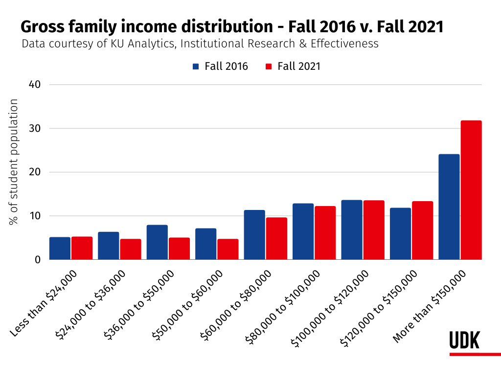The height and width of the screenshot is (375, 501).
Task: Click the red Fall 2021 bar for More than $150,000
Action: (x=471, y=190)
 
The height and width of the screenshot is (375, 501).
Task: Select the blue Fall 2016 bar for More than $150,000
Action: (x=449, y=207)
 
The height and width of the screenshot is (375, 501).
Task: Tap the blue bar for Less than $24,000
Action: (x=60, y=249)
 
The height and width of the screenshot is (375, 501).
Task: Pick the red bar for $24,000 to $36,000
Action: (x=130, y=250)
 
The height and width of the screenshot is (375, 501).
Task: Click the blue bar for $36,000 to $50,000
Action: (x=157, y=242)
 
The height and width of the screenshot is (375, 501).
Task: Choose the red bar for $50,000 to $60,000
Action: (x=228, y=250)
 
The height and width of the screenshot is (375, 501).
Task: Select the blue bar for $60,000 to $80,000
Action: (x=254, y=235)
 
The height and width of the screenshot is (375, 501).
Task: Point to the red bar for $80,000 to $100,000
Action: (x=325, y=233)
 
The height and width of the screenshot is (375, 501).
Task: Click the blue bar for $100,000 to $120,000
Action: (x=352, y=230)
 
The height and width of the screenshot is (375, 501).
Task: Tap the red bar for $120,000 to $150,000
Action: (x=422, y=230)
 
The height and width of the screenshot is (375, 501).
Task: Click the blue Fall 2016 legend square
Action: (x=196, y=66)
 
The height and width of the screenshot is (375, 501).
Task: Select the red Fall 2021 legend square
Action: (x=269, y=66)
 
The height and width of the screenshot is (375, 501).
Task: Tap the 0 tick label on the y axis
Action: (x=37, y=260)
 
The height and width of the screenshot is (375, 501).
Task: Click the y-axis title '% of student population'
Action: (x=14, y=162)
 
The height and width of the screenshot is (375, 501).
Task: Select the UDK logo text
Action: (x=464, y=340)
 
